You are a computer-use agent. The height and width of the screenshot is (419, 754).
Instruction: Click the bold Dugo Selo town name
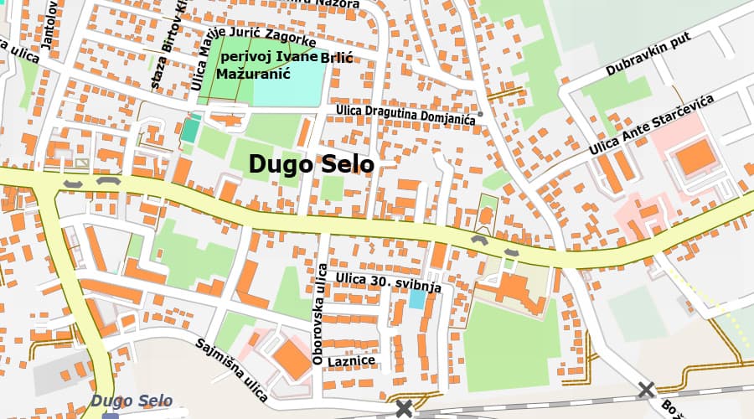311,164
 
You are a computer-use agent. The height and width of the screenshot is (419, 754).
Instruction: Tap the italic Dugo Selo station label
132,401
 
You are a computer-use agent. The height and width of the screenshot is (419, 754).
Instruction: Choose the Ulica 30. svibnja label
388,282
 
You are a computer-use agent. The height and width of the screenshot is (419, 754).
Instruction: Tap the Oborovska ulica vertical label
318,313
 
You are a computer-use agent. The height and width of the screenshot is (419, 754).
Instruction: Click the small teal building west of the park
191,130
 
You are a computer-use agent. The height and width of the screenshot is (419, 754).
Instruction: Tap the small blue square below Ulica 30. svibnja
416,299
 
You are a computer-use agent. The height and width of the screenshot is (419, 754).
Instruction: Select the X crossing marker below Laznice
405,409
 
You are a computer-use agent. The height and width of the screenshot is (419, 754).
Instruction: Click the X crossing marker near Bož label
645,390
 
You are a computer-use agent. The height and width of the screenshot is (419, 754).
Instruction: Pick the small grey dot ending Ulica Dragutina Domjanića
481,114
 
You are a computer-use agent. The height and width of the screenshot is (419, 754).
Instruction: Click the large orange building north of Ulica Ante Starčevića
695,158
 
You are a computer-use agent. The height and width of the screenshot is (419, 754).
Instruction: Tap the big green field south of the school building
511,344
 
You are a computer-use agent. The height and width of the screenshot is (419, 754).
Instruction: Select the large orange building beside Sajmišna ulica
292,358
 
